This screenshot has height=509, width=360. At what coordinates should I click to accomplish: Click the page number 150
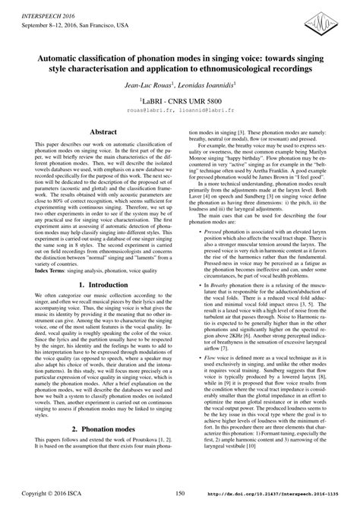click(180, 494)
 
